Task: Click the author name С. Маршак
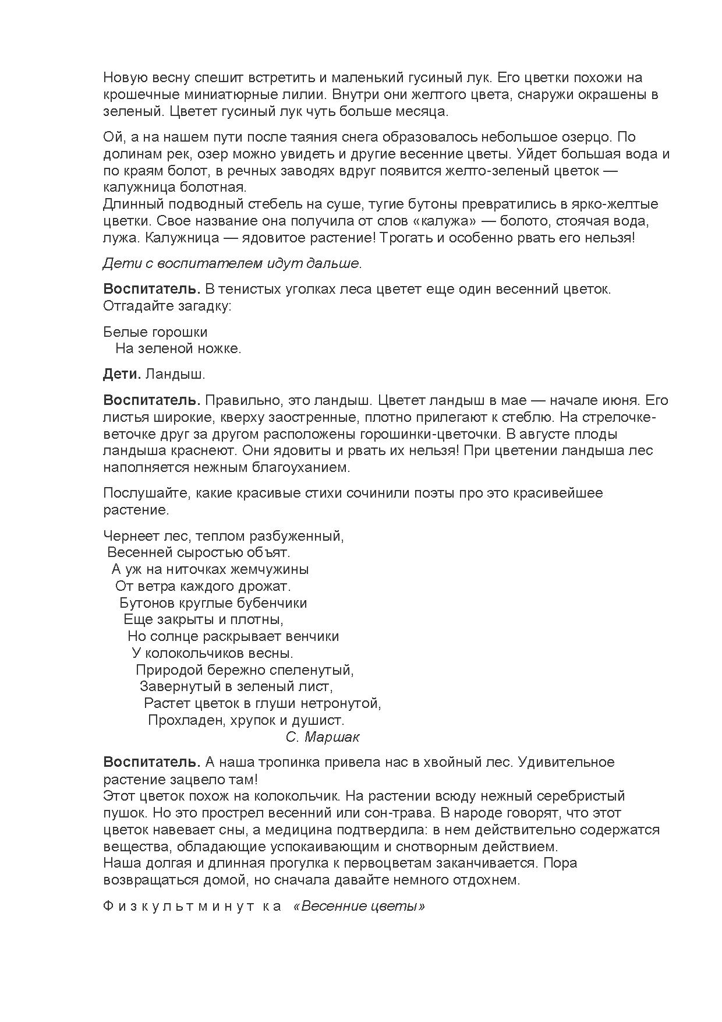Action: click(x=323, y=737)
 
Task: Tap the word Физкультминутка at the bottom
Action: click(x=193, y=907)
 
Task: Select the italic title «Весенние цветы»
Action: click(x=359, y=907)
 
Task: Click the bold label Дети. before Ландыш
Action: click(x=122, y=374)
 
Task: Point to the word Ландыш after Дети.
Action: click(x=175, y=374)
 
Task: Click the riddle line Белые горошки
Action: click(x=155, y=332)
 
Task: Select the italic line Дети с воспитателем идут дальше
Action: click(x=232, y=263)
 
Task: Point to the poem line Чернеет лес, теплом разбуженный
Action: click(x=224, y=535)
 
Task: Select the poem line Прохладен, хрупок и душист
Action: click(x=246, y=720)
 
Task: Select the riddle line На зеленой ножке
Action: click(x=178, y=349)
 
